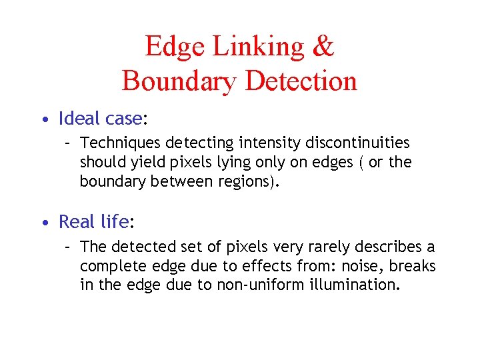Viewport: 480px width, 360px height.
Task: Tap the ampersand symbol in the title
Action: (323, 47)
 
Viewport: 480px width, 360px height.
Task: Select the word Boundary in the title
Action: (179, 81)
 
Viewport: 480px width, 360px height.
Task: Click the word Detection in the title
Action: (301, 81)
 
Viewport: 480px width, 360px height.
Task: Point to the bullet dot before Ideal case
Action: (43, 121)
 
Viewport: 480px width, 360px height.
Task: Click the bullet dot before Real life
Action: (43, 222)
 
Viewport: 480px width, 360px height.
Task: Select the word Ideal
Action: (80, 119)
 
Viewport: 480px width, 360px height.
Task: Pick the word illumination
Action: (357, 286)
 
